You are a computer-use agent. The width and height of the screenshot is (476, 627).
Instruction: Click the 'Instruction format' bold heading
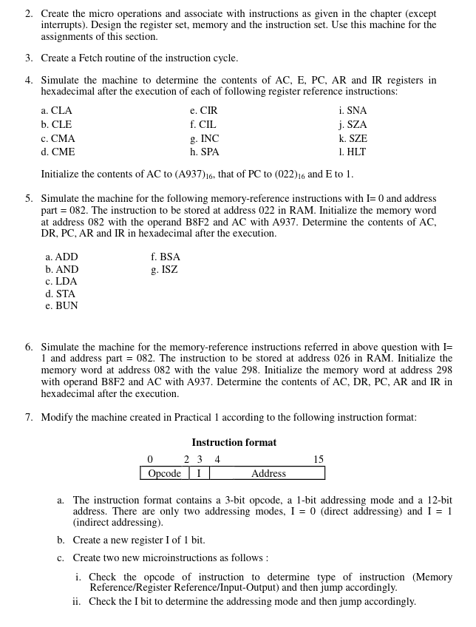pyautogui.click(x=234, y=443)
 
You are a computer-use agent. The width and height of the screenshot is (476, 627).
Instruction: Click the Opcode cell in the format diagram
pyautogui.click(x=164, y=474)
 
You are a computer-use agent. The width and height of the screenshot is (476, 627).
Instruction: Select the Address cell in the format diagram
pyautogui.click(x=268, y=474)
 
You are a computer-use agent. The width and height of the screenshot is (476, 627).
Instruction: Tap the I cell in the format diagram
pyautogui.click(x=199, y=474)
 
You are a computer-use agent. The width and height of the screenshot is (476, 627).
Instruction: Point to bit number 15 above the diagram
pyautogui.click(x=318, y=460)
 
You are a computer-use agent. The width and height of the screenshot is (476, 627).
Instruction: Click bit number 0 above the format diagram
pyautogui.click(x=150, y=460)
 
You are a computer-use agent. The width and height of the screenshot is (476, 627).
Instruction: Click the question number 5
pyautogui.click(x=29, y=199)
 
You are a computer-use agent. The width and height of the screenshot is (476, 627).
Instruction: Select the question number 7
pyautogui.click(x=29, y=418)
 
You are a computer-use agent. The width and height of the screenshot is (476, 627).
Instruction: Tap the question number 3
pyautogui.click(x=29, y=58)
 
